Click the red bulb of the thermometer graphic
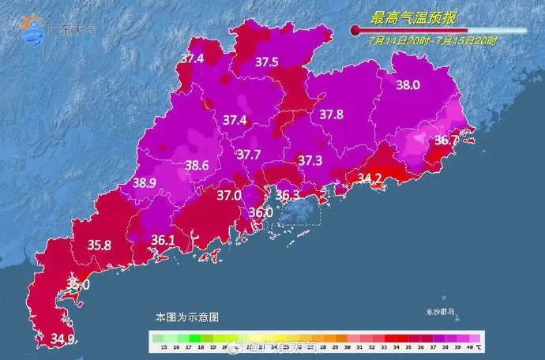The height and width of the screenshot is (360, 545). pos(356,31)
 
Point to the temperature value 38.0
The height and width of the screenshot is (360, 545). pos(408,85)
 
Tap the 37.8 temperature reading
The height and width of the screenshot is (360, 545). pos(331,114)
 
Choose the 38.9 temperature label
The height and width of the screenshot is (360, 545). pos(145,182)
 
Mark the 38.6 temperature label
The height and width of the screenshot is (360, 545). pos(197,166)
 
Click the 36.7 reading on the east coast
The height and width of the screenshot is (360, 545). pos(446,141)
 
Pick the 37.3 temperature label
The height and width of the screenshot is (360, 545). pos(310,160)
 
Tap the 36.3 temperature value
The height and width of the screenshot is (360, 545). pos(287,194)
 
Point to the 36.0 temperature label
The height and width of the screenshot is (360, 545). pos(260,212)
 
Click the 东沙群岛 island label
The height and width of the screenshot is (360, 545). pos(441,312)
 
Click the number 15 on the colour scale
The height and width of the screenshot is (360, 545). pos(163,347)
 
